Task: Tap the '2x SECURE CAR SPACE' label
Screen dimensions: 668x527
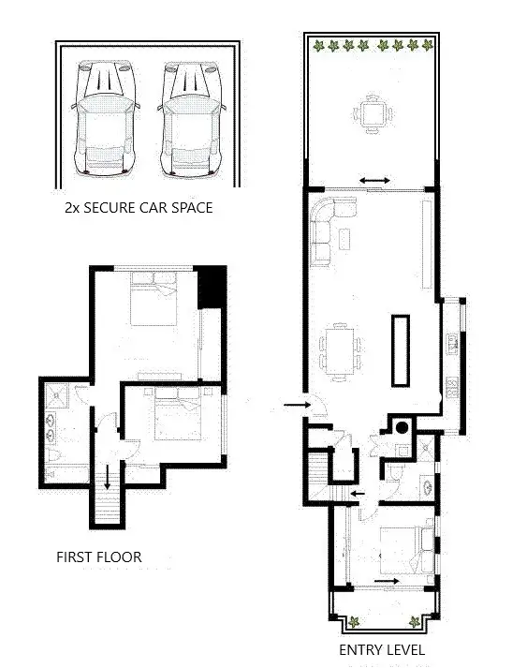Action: [138, 207]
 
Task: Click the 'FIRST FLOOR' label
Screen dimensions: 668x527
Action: [99, 557]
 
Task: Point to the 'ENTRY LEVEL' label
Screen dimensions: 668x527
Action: [382, 649]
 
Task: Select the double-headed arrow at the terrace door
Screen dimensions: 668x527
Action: [373, 179]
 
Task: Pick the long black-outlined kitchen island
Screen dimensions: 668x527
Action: [400, 349]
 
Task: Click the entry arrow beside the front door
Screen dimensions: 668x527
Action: [295, 405]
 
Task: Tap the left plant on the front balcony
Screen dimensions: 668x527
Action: [355, 620]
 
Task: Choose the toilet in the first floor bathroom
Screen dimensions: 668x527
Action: [52, 456]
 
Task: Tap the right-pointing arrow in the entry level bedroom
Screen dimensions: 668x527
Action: [385, 581]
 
